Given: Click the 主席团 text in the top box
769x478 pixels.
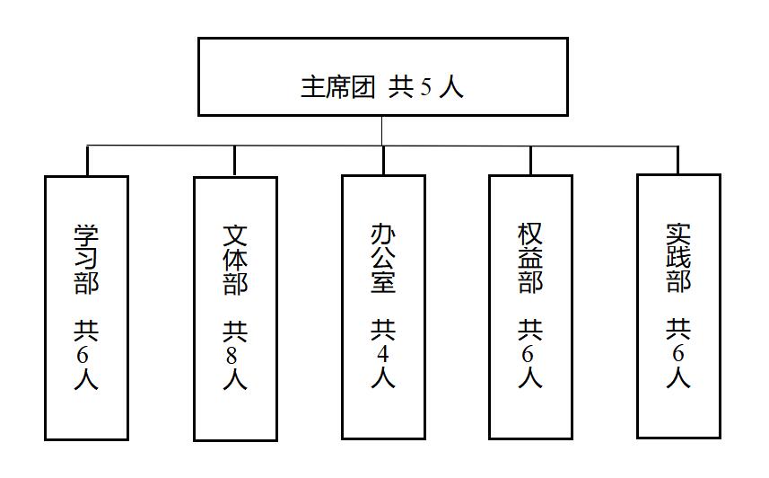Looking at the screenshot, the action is (338, 87).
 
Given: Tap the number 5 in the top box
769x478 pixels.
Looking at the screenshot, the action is (425, 87).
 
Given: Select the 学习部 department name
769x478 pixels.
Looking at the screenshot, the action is (86, 260).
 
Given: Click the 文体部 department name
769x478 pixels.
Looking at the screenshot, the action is (235, 260).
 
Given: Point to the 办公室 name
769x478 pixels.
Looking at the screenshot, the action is (383, 259).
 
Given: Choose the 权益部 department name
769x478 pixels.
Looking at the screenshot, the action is (530, 259).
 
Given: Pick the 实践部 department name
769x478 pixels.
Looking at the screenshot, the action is (678, 258).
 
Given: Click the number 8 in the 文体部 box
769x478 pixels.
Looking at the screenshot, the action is (232, 356).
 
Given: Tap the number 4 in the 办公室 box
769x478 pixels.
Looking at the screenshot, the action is (382, 354).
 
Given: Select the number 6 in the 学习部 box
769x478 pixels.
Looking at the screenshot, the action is (83, 355).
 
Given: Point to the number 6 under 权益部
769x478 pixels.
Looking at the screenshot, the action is (528, 354).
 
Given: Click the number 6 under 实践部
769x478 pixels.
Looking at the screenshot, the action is (677, 354).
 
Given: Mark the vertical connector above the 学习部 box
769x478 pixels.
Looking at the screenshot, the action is (87, 161).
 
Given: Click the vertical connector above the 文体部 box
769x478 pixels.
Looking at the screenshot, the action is (234, 161).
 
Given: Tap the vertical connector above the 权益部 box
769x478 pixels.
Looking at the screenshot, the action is (530, 160).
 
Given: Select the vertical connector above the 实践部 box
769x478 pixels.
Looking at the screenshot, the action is (678, 160).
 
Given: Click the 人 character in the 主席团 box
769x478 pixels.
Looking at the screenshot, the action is (451, 87).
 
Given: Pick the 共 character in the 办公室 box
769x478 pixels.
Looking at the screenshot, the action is (383, 330).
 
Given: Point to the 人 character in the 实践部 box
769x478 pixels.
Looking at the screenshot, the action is (678, 377).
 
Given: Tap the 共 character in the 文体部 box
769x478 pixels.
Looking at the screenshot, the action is (235, 332).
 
